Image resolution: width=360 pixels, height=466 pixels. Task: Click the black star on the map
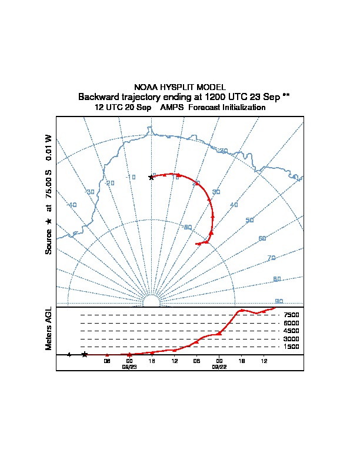click(151, 177)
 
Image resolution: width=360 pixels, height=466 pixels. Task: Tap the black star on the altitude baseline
click(85, 354)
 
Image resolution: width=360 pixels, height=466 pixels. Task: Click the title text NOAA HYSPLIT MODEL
click(180, 87)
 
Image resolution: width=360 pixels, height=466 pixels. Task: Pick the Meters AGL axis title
click(49, 328)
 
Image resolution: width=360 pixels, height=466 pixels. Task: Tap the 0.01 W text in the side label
click(49, 147)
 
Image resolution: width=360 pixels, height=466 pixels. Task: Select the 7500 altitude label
click(291, 315)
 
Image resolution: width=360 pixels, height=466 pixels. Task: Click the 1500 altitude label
click(291, 347)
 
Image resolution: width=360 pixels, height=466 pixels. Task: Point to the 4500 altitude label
click(291, 331)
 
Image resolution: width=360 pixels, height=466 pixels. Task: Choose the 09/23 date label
click(129, 366)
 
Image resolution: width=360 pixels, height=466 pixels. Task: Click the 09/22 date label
click(219, 366)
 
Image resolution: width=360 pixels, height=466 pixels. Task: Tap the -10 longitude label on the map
click(131, 177)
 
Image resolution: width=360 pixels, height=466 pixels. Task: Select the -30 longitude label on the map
click(90, 192)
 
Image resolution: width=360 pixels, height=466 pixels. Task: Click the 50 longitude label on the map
click(249, 220)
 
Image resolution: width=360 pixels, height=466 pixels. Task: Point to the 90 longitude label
click(279, 301)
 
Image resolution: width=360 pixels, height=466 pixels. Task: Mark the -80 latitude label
click(188, 227)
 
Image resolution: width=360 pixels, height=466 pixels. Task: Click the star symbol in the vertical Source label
click(49, 221)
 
